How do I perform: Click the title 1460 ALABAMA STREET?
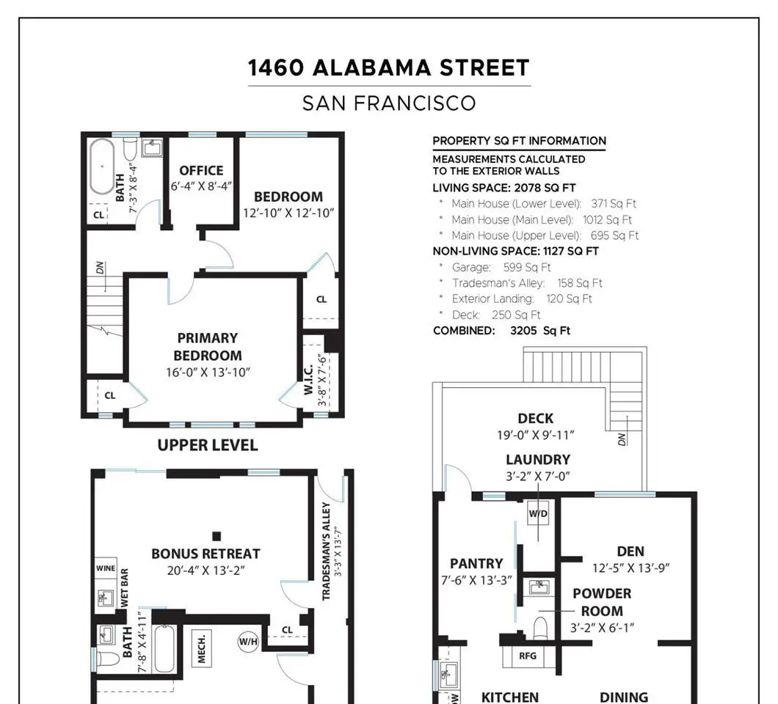point(388,68)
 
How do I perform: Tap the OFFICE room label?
point(201,171)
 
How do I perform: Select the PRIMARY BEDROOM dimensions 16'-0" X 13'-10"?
point(208,373)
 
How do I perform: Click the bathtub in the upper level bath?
point(102,166)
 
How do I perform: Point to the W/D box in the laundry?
point(538,513)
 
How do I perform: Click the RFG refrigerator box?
point(528,656)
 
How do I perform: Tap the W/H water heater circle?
point(248,642)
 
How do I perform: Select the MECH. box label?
point(201,648)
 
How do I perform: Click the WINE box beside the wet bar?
point(106,568)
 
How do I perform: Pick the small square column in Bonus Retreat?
point(217,536)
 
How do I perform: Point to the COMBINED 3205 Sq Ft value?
point(540,331)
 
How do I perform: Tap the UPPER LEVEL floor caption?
point(208,445)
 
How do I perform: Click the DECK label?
point(535,419)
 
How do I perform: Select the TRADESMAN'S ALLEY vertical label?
point(326,551)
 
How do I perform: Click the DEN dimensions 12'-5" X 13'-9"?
point(630,568)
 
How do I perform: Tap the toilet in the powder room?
point(539,628)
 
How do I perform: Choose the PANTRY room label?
point(476,564)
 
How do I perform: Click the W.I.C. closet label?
point(308,380)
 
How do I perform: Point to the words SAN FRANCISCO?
point(389,103)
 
